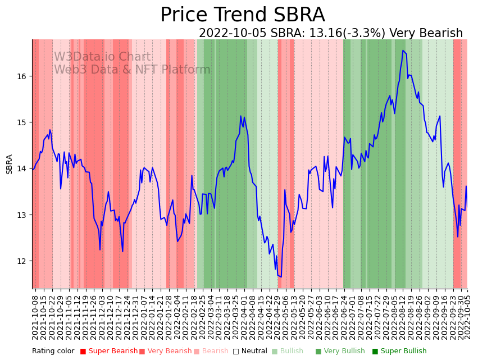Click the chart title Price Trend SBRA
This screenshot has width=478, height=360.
tap(242, 15)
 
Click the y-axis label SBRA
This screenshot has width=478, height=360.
tap(10, 164)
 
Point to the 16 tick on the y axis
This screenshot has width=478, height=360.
tap(22, 76)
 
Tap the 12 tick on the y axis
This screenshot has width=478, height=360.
tap(22, 261)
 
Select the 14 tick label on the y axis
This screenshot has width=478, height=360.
tap(22, 168)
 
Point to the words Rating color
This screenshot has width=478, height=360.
tap(53, 352)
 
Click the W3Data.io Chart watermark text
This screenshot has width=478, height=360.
tap(102, 57)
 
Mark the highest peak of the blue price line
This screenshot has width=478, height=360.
tap(403, 51)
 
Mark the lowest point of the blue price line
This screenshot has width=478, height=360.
tap(280, 276)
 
